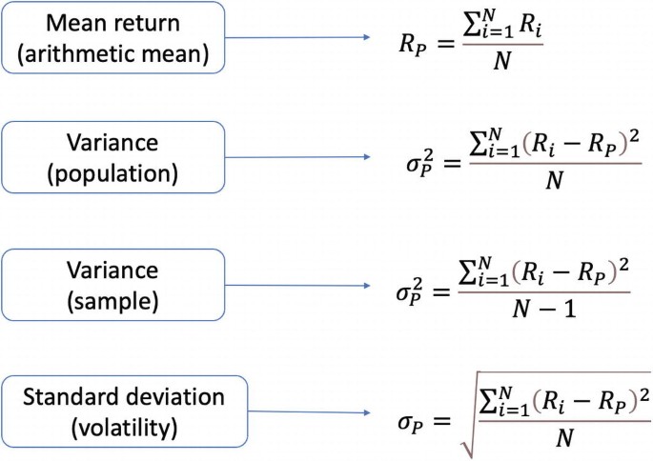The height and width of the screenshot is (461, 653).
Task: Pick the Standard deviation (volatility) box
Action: click(125, 407)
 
